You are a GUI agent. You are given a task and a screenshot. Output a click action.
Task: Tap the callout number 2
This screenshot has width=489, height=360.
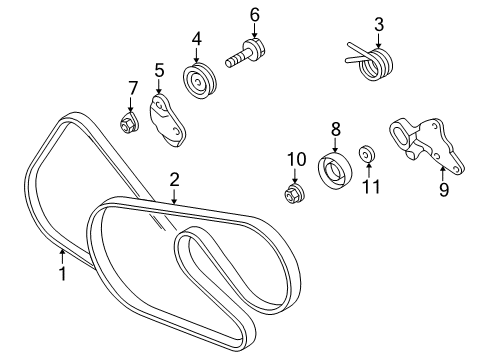tap(174, 181)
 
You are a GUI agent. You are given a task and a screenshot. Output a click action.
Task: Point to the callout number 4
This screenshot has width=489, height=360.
tap(198, 40)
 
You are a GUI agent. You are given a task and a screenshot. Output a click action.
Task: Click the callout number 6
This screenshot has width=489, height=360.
tap(254, 14)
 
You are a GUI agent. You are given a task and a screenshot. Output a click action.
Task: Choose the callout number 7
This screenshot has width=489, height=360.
tap(132, 92)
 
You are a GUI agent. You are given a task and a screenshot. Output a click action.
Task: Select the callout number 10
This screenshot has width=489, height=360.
tap(295, 159)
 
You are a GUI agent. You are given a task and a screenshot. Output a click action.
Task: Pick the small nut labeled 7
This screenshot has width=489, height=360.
tap(129, 124)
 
